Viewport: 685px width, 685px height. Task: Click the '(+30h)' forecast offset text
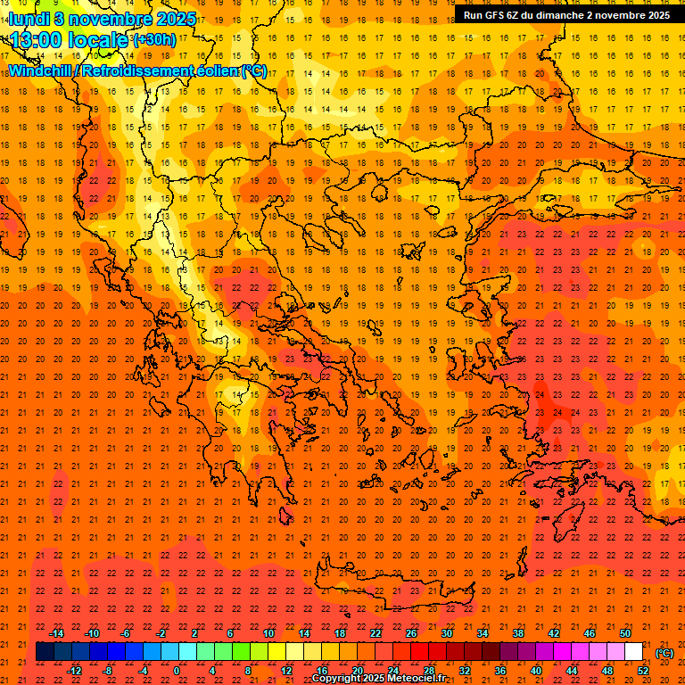154,40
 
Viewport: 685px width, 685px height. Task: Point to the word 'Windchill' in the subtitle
42,70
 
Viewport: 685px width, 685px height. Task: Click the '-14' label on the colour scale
57,633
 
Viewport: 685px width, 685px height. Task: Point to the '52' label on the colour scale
643,671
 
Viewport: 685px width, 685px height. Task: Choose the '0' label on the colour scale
177,671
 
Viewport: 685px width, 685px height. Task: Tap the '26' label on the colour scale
411,633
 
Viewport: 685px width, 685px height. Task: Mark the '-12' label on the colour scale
75,671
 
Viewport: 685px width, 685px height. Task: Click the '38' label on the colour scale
518,633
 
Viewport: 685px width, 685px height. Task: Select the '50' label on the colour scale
625,633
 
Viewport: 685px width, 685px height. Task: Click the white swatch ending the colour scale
634,652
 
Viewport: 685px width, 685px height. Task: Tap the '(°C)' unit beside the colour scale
664,653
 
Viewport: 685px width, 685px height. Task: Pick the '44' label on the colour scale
572,671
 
